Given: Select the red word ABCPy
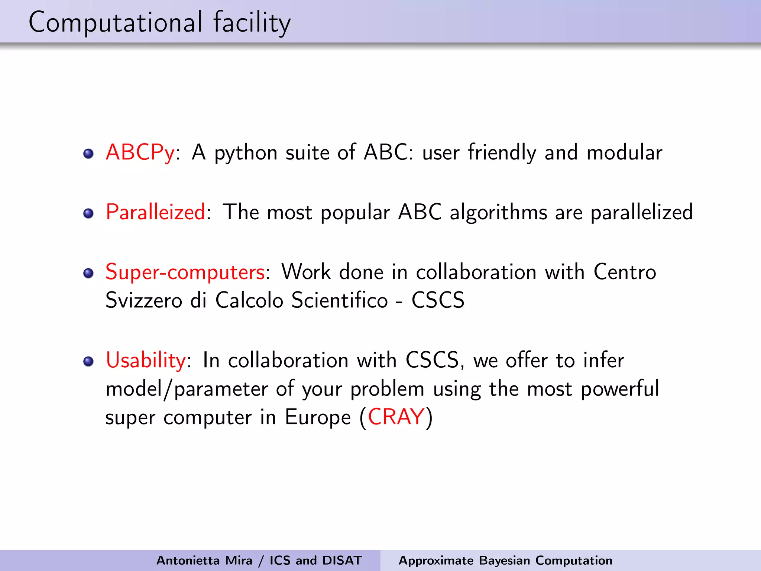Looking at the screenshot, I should pyautogui.click(x=140, y=152).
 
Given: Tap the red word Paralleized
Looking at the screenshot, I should pyautogui.click(x=155, y=212).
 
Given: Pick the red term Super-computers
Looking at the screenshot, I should pyautogui.click(x=185, y=272).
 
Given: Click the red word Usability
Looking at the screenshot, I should pyautogui.click(x=146, y=360).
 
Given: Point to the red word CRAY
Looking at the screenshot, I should pyautogui.click(x=396, y=417).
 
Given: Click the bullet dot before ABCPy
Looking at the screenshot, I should pyautogui.click(x=88, y=154).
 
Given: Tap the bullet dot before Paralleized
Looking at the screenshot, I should pyautogui.click(x=88, y=213).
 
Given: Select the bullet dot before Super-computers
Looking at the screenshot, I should pyautogui.click(x=88, y=273).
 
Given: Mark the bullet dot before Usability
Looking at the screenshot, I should pyautogui.click(x=88, y=361).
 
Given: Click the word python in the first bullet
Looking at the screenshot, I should pyautogui.click(x=246, y=153).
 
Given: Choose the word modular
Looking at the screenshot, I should pyautogui.click(x=624, y=152).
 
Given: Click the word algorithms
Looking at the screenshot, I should pyautogui.click(x=498, y=213).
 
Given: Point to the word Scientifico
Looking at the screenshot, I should pyautogui.click(x=339, y=300).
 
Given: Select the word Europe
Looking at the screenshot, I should pyautogui.click(x=318, y=417).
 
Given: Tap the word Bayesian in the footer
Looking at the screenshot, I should pyautogui.click(x=504, y=560).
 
